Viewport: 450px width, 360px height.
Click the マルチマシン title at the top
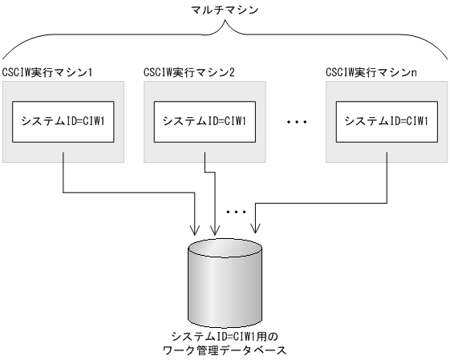pyautogui.click(x=225, y=9)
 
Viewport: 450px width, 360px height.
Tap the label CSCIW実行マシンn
pyautogui.click(x=370, y=73)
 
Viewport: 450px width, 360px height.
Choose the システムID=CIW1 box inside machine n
pyautogui.click(x=385, y=121)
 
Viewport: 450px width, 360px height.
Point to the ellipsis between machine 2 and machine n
pyautogui.click(x=298, y=122)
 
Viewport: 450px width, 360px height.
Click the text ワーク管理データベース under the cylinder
pyautogui.click(x=225, y=350)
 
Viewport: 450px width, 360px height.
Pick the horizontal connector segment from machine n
pyautogui.click(x=321, y=201)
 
